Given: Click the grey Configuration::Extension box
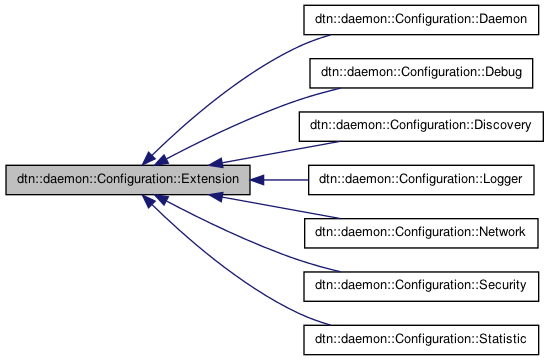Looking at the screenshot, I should point(126,180).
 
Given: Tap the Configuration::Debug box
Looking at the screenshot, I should point(424,74).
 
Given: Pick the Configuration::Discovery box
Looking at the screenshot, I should point(424,127).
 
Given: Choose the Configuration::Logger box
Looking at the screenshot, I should point(424,180).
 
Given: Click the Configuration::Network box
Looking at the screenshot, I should point(424,232).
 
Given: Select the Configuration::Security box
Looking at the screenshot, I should point(424,285).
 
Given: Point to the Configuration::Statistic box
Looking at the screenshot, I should point(424,338).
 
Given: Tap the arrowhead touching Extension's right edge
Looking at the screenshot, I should point(256,180).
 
